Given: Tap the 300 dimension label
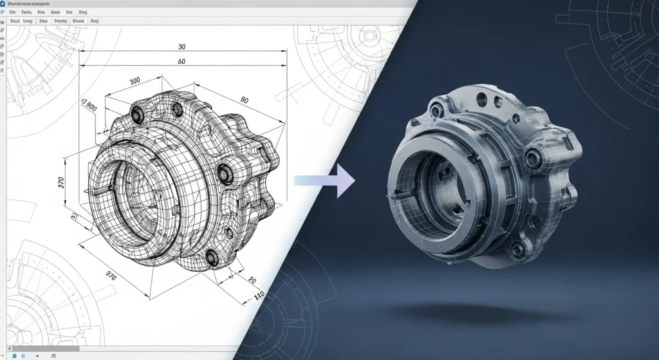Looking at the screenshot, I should (135, 81).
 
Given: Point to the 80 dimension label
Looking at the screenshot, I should (244, 100).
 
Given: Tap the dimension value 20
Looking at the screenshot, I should (252, 281).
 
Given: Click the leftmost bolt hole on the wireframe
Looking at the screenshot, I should (137, 114).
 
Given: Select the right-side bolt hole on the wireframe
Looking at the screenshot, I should (225, 171).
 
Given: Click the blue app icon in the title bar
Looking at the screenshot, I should (5, 3).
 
